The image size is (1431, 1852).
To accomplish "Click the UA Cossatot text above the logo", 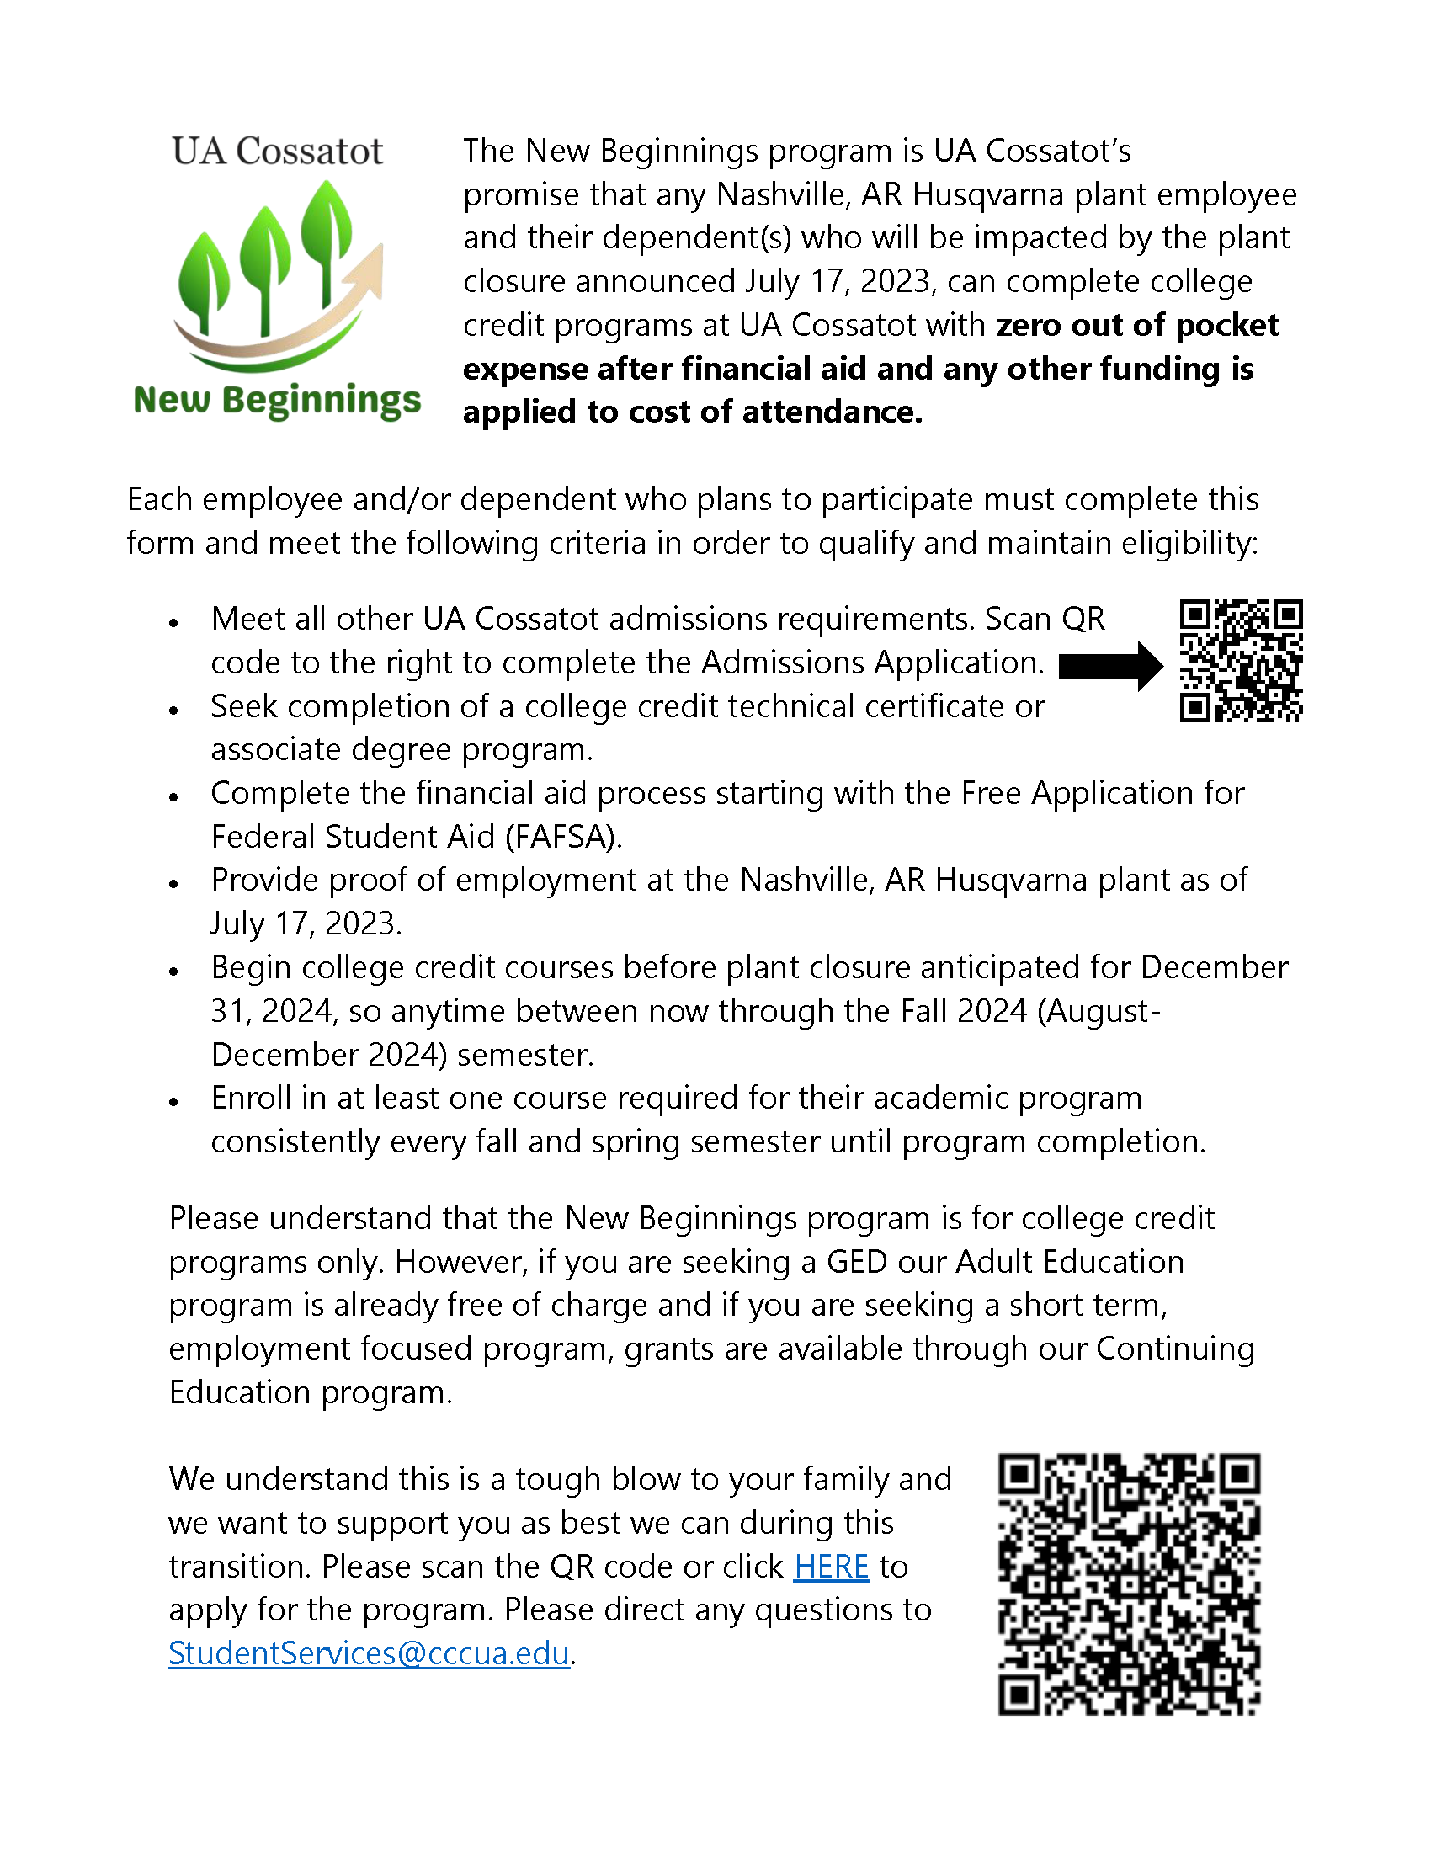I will point(277,152).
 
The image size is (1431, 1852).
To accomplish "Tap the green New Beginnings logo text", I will point(277,399).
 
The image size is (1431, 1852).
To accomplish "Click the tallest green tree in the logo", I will point(327,229).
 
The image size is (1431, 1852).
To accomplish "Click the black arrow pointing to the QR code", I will point(1110,667).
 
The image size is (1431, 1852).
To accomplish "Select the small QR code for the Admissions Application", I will point(1241,661).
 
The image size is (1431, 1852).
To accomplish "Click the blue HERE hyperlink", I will point(831,1567).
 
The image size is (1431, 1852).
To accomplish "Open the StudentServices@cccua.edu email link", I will point(369,1652).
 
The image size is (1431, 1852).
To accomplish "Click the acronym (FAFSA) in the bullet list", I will point(564,837).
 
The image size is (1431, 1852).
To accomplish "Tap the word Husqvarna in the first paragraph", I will point(987,195).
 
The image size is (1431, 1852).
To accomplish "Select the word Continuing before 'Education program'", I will point(1175,1349).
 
